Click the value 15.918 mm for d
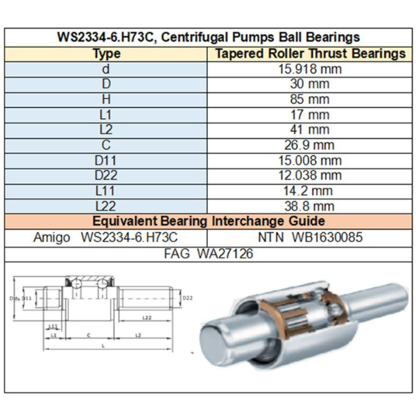309,69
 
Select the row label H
106,99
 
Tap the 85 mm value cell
309,99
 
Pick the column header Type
106,53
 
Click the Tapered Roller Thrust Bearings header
310,53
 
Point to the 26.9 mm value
309,145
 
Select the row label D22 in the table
106,175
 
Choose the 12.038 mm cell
309,175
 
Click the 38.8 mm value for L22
309,206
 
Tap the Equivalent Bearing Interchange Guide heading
208,221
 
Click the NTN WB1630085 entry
309,237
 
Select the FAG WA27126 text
208,254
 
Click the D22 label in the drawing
187,298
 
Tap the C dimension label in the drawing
87,333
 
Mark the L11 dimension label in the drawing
53,324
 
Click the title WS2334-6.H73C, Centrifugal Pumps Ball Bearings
208,37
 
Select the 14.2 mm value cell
309,191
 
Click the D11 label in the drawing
26,298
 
